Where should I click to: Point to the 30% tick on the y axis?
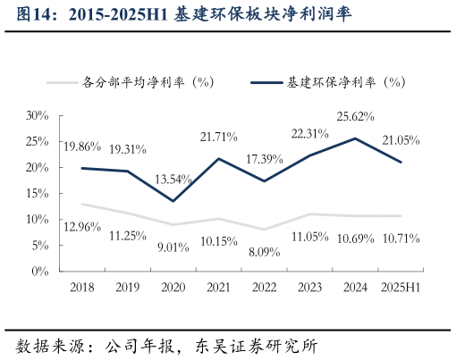click(x=37, y=115)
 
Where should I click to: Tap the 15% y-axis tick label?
click(x=37, y=193)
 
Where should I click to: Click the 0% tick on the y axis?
click(x=40, y=271)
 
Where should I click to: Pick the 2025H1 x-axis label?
click(x=399, y=287)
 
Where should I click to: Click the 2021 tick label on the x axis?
click(x=218, y=287)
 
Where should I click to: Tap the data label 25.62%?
click(x=355, y=116)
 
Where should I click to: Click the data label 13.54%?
click(x=172, y=179)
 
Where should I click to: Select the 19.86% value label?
click(x=81, y=146)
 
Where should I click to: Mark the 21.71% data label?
click(x=217, y=136)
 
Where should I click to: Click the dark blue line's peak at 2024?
click(x=355, y=138)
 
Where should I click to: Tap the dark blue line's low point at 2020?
click(x=173, y=201)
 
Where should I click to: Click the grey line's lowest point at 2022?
click(x=264, y=230)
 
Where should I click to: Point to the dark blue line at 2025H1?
click(x=401, y=162)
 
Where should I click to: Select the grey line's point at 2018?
click(x=81, y=204)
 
